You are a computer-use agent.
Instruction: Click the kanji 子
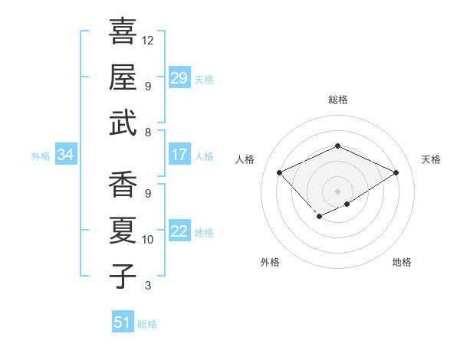point(123,277)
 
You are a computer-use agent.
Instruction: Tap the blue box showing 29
point(179,78)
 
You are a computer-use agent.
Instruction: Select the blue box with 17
point(179,155)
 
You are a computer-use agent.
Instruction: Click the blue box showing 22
point(179,231)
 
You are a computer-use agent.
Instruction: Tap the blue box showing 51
point(122,322)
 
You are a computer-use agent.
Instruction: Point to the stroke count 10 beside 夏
point(148,240)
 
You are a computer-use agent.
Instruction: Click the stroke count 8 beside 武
point(148,133)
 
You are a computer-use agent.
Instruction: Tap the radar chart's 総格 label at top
point(337,100)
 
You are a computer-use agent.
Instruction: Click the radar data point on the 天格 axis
point(396,172)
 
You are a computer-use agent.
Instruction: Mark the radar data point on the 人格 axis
point(280,172)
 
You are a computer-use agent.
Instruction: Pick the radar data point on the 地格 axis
point(347,204)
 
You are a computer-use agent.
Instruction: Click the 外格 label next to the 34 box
point(41,156)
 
